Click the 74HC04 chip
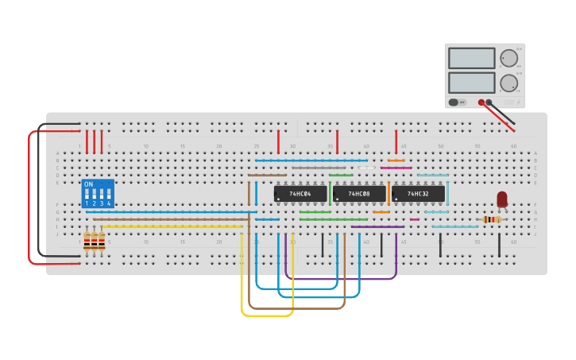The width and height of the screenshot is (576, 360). [300, 193]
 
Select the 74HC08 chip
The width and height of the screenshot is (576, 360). [359, 193]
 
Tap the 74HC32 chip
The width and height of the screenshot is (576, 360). [418, 193]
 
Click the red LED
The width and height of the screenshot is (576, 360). [502, 199]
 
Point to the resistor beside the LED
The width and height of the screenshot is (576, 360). [493, 219]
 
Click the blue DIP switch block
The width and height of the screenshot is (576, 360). [98, 194]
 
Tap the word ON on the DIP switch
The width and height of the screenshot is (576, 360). [88, 184]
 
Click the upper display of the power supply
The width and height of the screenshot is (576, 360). [471, 58]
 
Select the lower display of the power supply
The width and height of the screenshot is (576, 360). [471, 83]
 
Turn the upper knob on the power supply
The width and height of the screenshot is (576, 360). [508, 57]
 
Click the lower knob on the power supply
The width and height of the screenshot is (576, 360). [508, 83]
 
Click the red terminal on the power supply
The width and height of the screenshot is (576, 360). [481, 103]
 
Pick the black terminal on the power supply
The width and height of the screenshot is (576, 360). [489, 103]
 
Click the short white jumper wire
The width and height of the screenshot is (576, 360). [366, 168]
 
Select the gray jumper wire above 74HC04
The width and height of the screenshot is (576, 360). [318, 168]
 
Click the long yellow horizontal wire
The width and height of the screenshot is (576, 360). [172, 226]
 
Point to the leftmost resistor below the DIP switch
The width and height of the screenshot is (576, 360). [87, 241]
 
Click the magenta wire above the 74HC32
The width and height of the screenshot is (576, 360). [396, 168]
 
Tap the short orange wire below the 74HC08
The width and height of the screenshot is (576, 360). [381, 212]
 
